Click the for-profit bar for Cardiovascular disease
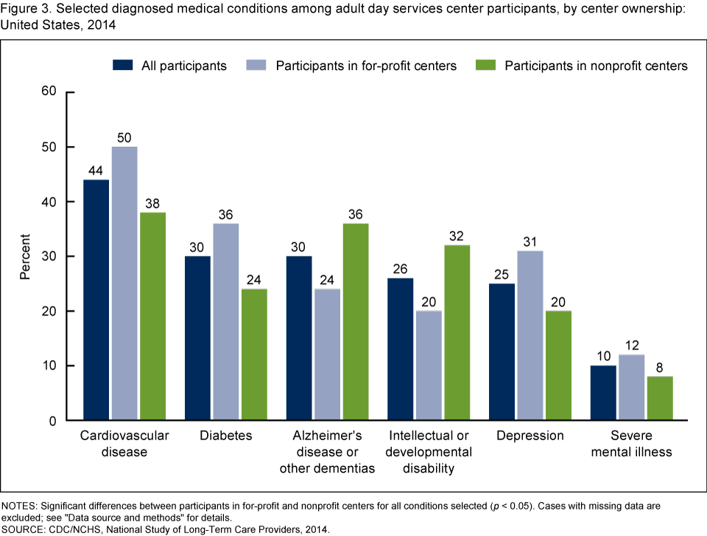click(x=124, y=284)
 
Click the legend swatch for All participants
click(x=122, y=65)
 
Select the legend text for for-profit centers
click(x=366, y=66)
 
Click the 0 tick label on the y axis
click(x=53, y=421)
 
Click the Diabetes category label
click(x=225, y=436)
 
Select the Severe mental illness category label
click(x=631, y=443)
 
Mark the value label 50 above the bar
click(x=124, y=138)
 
